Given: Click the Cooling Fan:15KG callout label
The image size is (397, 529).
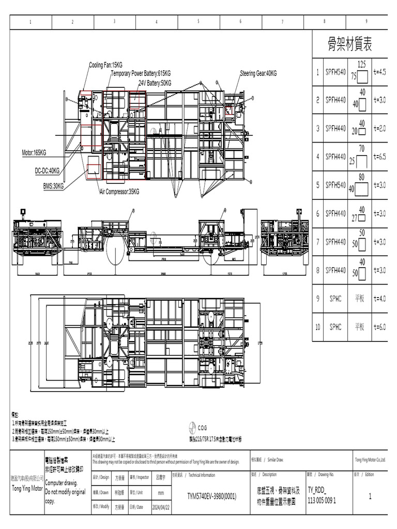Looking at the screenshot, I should [x=106, y=65].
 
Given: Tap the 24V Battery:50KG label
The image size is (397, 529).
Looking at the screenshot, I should [x=155, y=83].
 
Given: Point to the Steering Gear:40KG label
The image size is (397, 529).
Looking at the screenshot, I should [x=258, y=74].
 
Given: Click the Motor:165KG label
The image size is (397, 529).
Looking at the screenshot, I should [x=34, y=153].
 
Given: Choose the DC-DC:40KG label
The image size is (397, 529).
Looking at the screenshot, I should [x=47, y=170].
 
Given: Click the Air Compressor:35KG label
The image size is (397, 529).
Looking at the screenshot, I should [x=119, y=192].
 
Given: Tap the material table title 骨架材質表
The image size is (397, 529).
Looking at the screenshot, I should [x=350, y=45].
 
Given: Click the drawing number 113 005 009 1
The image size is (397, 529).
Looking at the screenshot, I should [x=322, y=500].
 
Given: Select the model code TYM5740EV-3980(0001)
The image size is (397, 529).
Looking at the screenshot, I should [x=211, y=496].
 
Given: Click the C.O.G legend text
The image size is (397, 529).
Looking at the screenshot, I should [x=202, y=428].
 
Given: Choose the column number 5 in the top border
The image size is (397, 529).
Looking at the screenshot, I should [x=198, y=22].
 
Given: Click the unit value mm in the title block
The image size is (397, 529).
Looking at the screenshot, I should [x=161, y=493].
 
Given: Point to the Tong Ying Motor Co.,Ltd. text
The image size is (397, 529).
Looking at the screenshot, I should [x=370, y=460].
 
